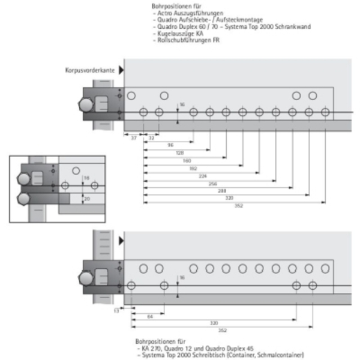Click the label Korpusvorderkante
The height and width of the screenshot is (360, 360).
[91, 70]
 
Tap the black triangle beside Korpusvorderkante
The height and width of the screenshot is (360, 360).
[121, 70]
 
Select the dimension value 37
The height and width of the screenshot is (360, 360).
[134, 137]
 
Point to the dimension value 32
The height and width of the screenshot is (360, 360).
[151, 137]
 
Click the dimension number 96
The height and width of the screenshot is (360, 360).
[170, 145]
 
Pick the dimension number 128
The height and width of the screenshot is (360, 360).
[179, 153]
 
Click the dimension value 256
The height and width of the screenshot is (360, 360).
[213, 183]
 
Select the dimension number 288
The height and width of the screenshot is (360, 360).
[223, 190]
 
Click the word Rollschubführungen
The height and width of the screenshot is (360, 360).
[181, 39]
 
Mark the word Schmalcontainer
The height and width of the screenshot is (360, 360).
[282, 355]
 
